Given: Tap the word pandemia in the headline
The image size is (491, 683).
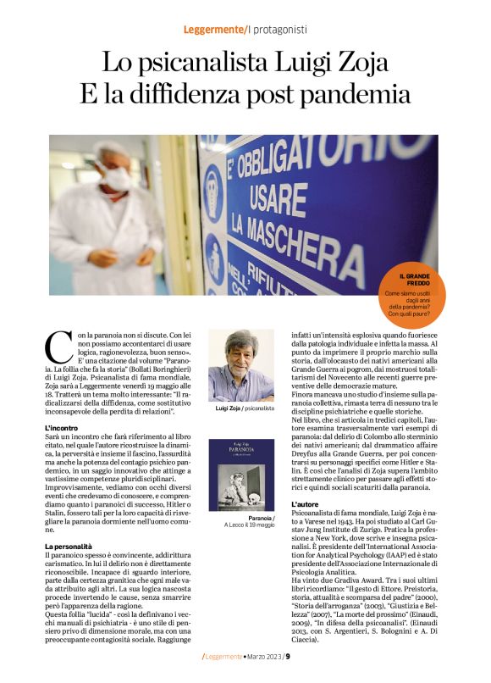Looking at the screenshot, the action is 348,94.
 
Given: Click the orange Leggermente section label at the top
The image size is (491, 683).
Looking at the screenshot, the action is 213,30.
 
